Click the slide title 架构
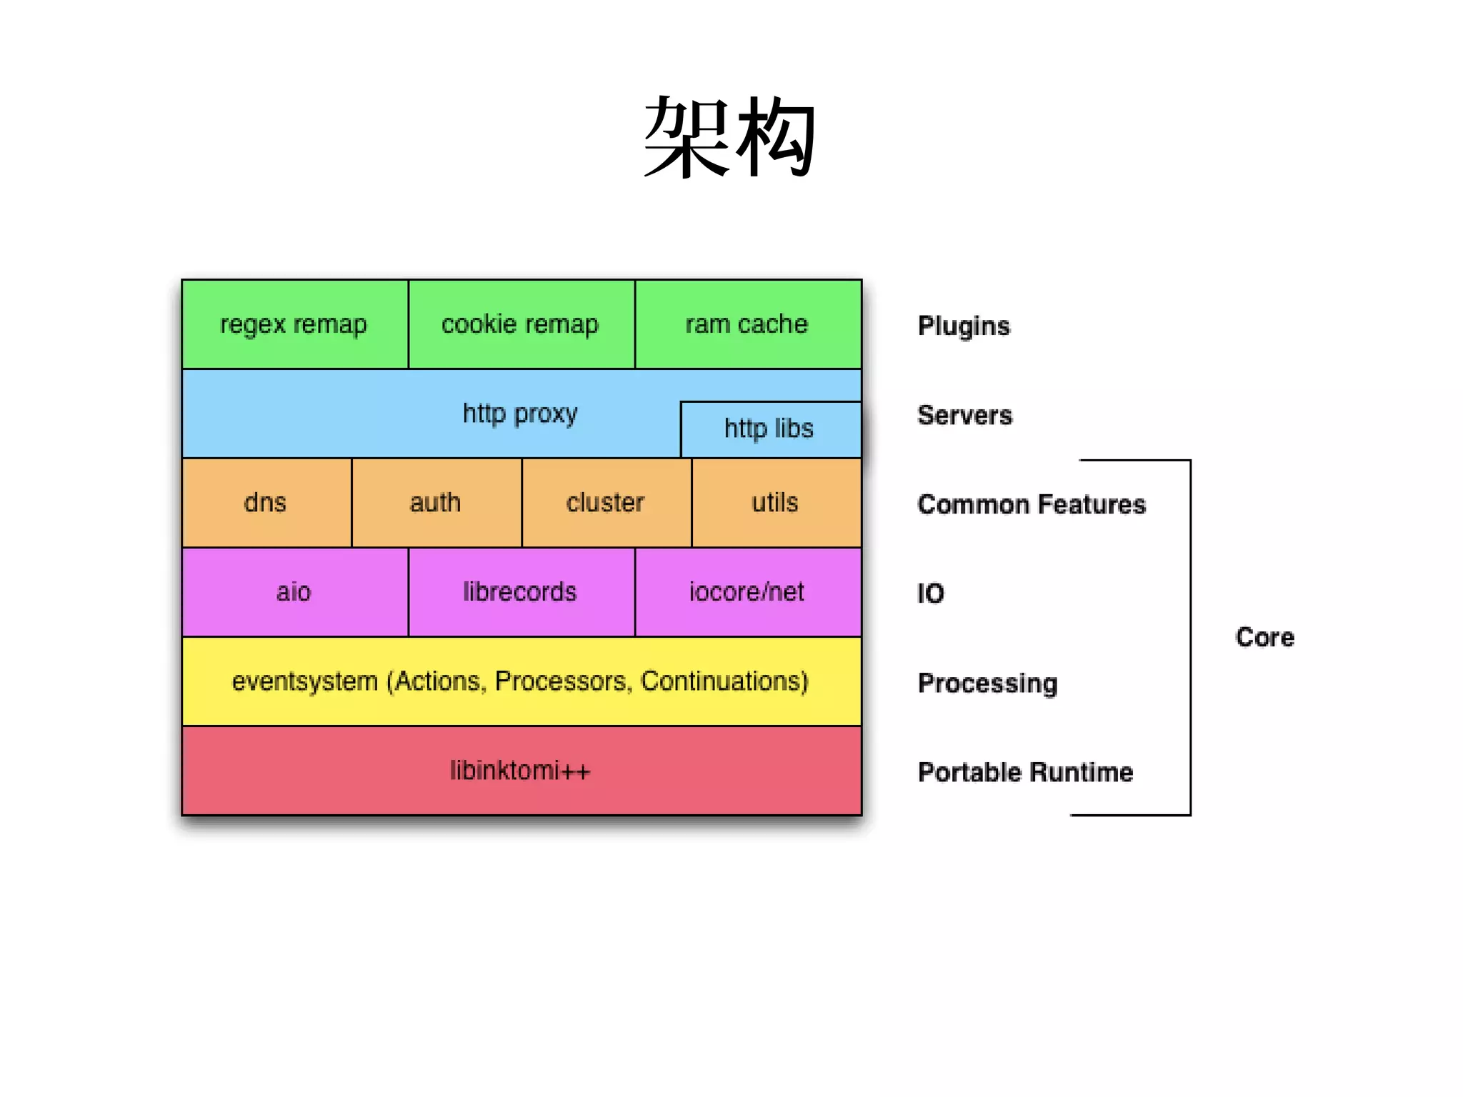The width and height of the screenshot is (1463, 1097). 729,137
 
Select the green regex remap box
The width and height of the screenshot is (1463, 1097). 294,324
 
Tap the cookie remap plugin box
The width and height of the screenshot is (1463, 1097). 521,324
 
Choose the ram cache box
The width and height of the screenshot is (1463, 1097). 747,324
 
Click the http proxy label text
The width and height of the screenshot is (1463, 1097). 520,414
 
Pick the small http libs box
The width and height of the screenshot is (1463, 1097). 769,429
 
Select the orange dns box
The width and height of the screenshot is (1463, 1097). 266,503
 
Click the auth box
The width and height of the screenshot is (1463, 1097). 436,503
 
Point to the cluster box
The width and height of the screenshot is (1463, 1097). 606,503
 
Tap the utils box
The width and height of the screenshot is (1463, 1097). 776,503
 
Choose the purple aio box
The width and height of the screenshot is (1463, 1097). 294,592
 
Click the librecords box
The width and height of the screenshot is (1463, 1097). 521,592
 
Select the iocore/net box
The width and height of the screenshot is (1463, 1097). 747,592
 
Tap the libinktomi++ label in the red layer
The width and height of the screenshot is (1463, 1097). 521,771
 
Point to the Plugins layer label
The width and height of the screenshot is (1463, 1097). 964,326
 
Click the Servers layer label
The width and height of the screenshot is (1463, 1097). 964,415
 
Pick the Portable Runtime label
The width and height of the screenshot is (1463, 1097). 1025,772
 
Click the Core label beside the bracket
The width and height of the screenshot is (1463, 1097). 1264,637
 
